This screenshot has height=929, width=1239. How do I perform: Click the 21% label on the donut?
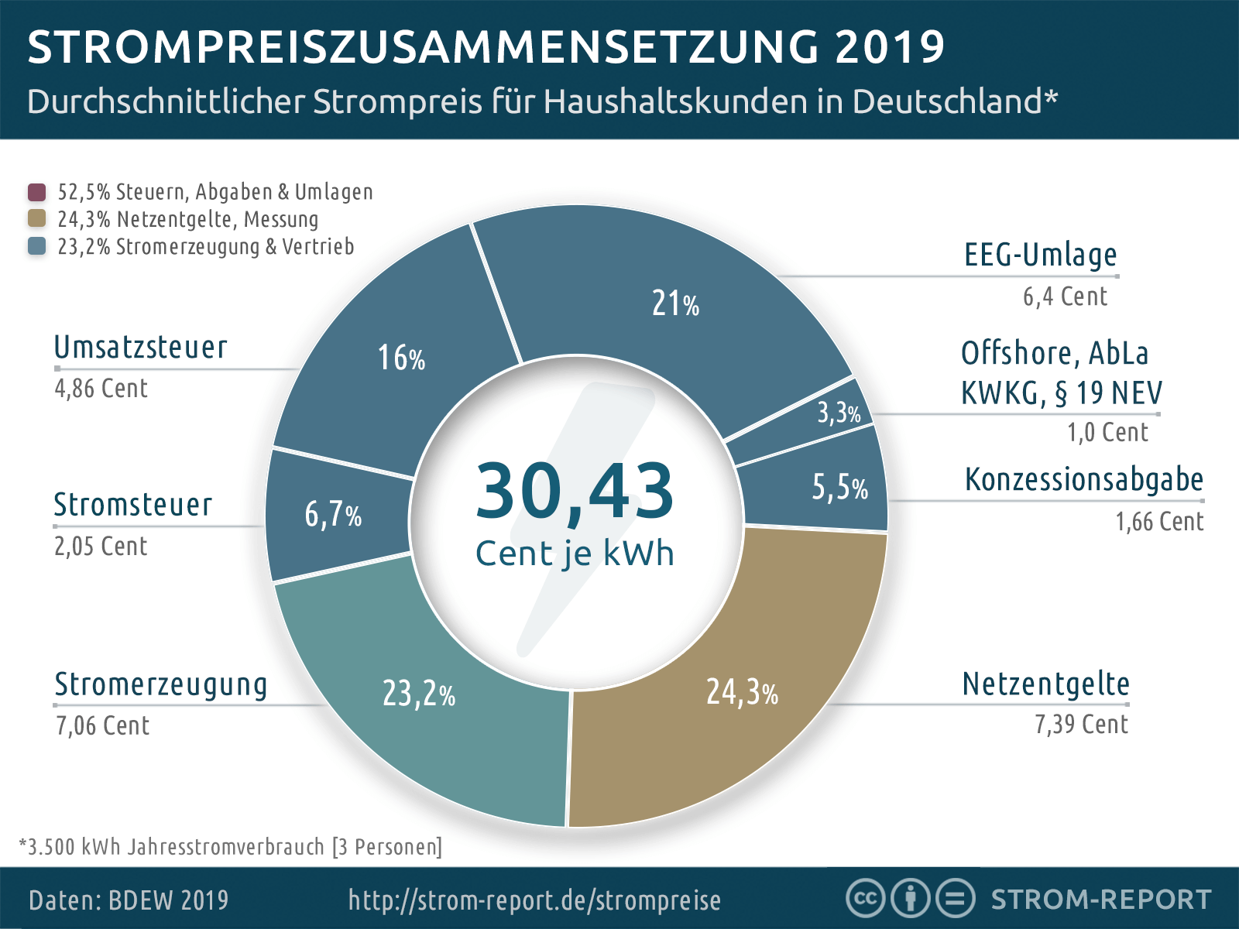click(675, 303)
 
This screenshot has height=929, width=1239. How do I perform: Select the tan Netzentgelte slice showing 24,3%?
click(741, 691)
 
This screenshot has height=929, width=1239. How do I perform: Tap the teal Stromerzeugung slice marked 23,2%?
click(419, 694)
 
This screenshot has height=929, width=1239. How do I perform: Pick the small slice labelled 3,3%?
click(839, 413)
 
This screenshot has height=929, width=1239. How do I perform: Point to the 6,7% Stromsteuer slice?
click(333, 515)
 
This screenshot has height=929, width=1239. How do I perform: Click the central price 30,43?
click(574, 491)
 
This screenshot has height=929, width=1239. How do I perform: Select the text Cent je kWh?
click(574, 554)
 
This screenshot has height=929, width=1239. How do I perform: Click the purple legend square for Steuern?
click(36, 192)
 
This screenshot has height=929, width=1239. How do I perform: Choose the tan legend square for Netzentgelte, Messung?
click(36, 219)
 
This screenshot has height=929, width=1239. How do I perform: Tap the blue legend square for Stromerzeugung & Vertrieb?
click(36, 246)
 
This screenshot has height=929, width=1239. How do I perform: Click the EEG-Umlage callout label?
click(1040, 255)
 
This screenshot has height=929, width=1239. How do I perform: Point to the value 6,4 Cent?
click(1065, 297)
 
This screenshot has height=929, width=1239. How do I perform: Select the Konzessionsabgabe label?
click(1083, 480)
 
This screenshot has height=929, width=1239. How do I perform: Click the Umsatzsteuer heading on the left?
click(141, 348)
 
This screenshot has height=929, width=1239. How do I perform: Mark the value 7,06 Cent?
click(102, 726)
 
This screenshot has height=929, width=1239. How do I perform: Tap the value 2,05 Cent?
click(101, 547)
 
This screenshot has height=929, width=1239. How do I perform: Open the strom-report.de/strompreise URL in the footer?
click(534, 900)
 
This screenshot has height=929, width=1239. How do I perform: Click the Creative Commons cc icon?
click(865, 899)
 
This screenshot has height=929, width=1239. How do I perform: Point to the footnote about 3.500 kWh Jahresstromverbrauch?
click(231, 847)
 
